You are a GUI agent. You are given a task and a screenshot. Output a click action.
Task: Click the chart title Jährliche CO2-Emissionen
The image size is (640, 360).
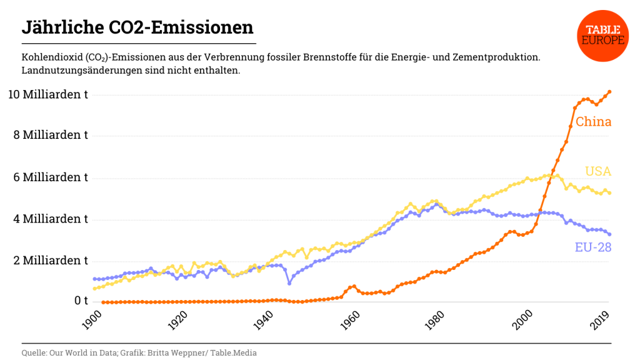(x=137, y=27)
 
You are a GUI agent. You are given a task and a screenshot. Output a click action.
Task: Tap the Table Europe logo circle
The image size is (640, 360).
(x=603, y=35)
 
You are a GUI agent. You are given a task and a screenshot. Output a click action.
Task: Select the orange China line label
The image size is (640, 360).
(x=593, y=122)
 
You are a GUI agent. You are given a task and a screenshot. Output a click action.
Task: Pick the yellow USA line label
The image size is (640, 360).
(x=598, y=171)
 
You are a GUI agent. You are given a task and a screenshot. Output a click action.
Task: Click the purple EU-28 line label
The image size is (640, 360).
(x=592, y=247)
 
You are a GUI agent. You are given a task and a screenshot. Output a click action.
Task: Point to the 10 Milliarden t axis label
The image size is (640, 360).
(x=47, y=94)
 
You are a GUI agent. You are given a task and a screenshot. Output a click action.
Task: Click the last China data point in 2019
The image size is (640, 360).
(x=609, y=92)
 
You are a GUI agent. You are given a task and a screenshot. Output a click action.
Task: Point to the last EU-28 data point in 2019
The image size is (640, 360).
(x=609, y=234)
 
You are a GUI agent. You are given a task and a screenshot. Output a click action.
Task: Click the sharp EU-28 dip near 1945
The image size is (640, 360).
(x=289, y=283)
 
